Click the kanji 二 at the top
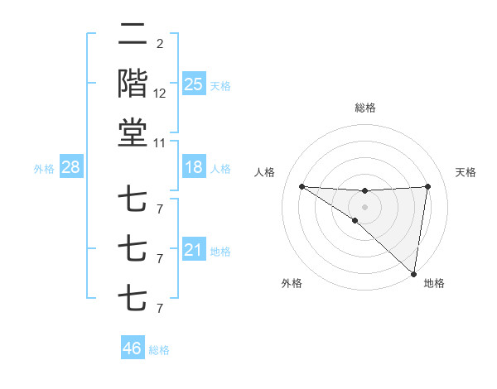pyautogui.click(x=133, y=36)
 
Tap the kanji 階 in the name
pyautogui.click(x=133, y=84)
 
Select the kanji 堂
pyautogui.click(x=133, y=132)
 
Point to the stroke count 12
pyautogui.click(x=160, y=94)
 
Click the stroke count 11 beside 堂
pyautogui.click(x=160, y=143)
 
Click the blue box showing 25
pyautogui.click(x=193, y=84)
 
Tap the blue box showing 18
pyautogui.click(x=193, y=167)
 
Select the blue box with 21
pyautogui.click(x=193, y=251)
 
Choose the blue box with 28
pyautogui.click(x=71, y=167)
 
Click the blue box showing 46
pyautogui.click(x=133, y=348)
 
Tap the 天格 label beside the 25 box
pyautogui.click(x=220, y=86)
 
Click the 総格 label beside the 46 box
pyautogui.click(x=159, y=350)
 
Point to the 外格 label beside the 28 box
pyautogui.click(x=44, y=169)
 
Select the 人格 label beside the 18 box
pyautogui.click(x=220, y=169)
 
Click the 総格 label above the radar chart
pyautogui.click(x=364, y=108)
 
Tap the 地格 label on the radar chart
pyautogui.click(x=434, y=283)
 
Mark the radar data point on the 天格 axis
pyautogui.click(x=427, y=186)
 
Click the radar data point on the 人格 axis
pyautogui.click(x=302, y=186)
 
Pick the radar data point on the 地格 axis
pyautogui.click(x=413, y=273)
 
